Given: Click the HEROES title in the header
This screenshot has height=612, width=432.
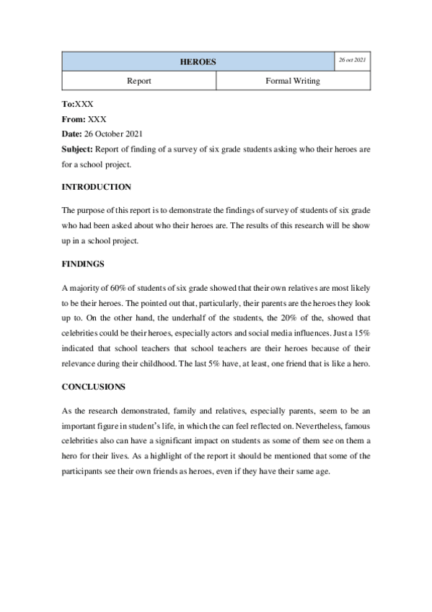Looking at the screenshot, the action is pyautogui.click(x=197, y=62).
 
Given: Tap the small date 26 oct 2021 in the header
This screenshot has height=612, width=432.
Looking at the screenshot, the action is pyautogui.click(x=352, y=60).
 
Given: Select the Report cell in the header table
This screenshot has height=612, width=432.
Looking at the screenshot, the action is pyautogui.click(x=138, y=81).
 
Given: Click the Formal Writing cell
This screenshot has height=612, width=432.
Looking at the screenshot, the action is pyautogui.click(x=293, y=81).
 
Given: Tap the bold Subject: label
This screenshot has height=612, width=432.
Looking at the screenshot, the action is pyautogui.click(x=78, y=149).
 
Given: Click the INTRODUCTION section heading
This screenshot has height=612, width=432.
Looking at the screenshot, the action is pyautogui.click(x=97, y=187).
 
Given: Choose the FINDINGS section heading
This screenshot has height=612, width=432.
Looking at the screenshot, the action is pyautogui.click(x=83, y=264).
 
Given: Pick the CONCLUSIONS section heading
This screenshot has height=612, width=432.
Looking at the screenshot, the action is pyautogui.click(x=94, y=387).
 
